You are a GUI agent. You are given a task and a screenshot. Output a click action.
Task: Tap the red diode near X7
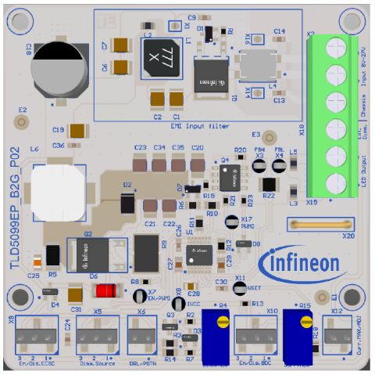(x=105, y=290)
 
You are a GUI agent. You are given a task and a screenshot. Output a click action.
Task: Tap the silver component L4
(x=258, y=63)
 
